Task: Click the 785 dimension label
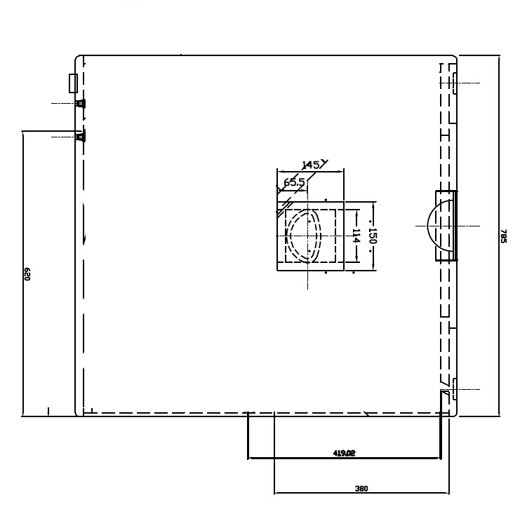coord(503,236)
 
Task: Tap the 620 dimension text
coord(27,274)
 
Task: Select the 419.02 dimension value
coord(344,453)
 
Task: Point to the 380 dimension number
coord(361,489)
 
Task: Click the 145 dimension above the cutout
coord(310,165)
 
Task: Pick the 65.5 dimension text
coord(294,182)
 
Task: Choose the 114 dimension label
coord(356,236)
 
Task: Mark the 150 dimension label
coord(373,236)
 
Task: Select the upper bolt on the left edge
coord(80,103)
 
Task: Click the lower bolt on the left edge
coord(80,137)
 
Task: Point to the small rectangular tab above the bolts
coord(73,83)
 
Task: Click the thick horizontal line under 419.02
coord(344,459)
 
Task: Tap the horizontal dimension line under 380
coord(361,493)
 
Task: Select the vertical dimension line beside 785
coord(499,236)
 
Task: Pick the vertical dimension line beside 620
coord(22,273)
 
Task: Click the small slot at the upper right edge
coord(455,83)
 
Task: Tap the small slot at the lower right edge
coord(455,389)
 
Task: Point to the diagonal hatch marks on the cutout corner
coord(284,207)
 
